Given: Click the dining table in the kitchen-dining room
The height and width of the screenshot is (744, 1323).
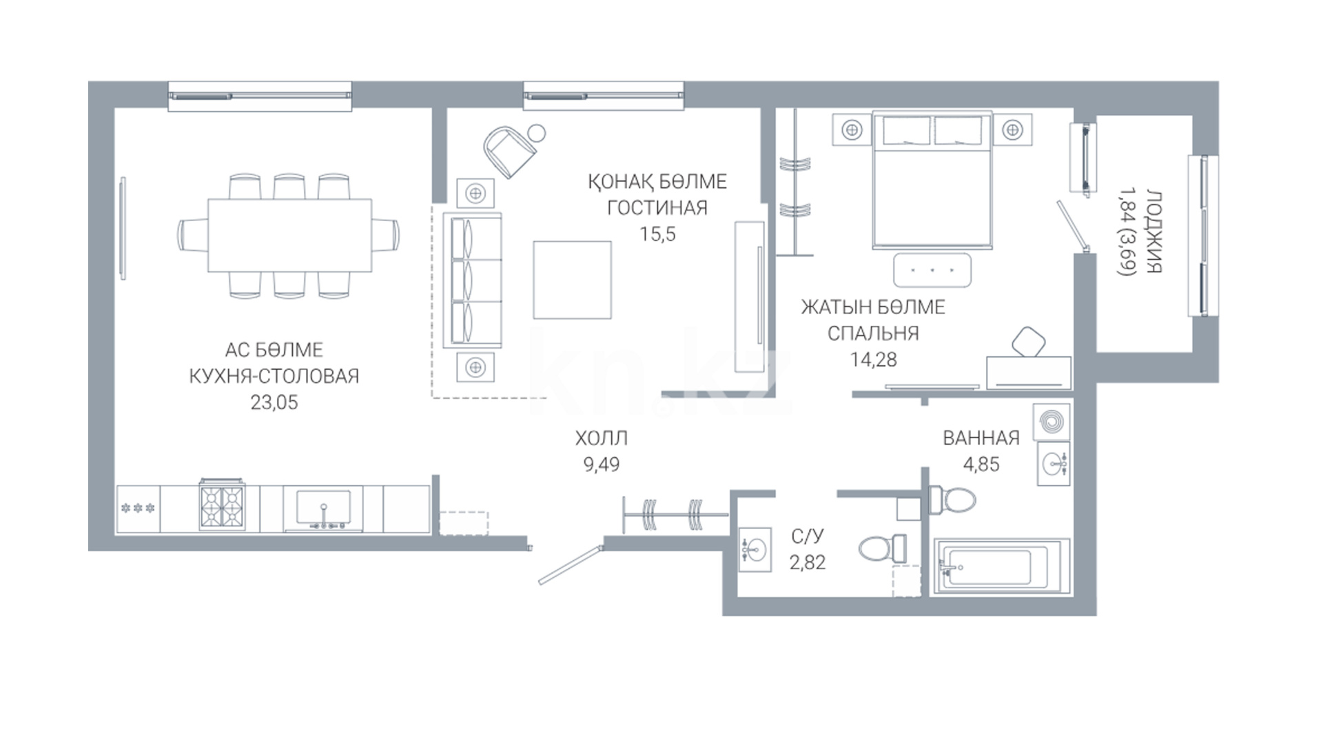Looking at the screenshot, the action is pos(289,236).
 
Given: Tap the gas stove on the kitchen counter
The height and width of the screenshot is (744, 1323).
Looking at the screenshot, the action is pos(222,506).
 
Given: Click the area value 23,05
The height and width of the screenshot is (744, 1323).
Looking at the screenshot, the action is pos(274,402).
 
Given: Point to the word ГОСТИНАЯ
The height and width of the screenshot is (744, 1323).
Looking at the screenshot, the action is pos(657,207).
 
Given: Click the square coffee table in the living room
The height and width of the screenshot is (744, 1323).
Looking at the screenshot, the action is pos(572,279).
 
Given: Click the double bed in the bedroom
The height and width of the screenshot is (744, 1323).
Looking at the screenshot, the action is pos(932,180).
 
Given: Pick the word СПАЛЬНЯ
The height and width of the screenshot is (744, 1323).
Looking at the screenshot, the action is pos(873,333).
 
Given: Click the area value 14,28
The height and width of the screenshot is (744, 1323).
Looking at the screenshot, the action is pos(873,360).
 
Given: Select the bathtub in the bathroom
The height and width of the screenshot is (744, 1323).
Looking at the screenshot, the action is pos(1001,567).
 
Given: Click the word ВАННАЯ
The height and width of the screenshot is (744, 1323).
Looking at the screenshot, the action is pos(981,438).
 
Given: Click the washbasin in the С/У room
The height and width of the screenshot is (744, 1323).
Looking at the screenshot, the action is pos(755,550).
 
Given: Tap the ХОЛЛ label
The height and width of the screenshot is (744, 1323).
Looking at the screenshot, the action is pos(602,438).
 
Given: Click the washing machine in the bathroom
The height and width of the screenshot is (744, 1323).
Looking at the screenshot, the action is pos(1052,421).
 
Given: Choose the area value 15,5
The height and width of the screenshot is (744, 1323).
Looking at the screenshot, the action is pos(657,234).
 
